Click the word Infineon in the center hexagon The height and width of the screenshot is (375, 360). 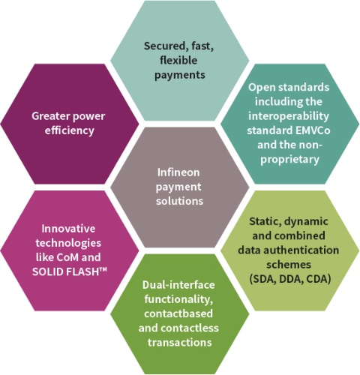click(178, 172)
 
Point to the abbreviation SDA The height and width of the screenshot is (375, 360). click(262, 279)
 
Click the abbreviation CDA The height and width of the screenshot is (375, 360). click(319, 279)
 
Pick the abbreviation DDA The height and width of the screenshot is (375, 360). click(291, 279)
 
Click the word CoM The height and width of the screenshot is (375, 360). click(67, 257)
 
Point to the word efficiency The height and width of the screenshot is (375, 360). click(70, 130)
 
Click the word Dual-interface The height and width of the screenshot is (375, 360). click(178, 285)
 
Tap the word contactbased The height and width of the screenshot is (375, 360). click(178, 313)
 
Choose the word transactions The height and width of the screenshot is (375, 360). click(180, 342)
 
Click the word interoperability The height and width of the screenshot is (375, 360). click(289, 116)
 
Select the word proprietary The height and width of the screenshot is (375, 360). click(289, 160)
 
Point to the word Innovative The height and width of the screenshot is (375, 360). click(68, 229)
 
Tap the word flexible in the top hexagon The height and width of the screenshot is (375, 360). click(178, 60)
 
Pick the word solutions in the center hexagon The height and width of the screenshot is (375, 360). click(179, 201)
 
